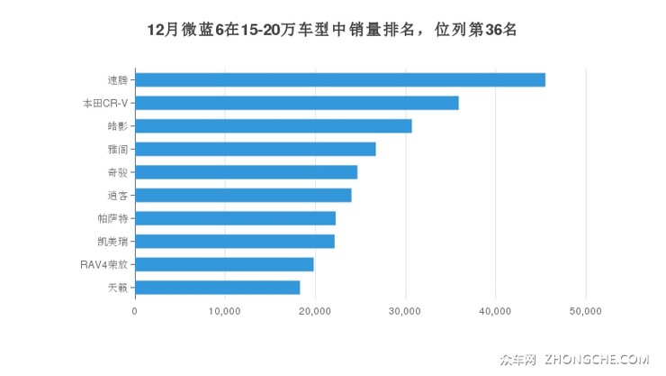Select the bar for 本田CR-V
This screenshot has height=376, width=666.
coord(296,103)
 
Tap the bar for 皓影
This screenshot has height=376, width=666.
coord(273,126)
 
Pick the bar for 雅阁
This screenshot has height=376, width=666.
coord(255,149)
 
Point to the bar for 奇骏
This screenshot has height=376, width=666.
coord(246,172)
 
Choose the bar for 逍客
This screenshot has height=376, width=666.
coord(243,195)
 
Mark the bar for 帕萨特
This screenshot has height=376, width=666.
coord(235,218)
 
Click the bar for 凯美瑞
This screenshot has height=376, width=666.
coord(234,241)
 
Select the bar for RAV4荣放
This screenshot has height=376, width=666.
coord(224,264)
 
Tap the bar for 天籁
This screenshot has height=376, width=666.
coord(217,288)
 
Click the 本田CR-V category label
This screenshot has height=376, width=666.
coord(104,103)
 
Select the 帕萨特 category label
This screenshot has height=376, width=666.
coord(112,218)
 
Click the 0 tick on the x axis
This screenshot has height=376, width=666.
coord(135,311)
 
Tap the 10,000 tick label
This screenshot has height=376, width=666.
coord(224,311)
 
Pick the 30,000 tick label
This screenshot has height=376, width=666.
coord(405,311)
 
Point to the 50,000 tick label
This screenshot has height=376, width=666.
coord(586,311)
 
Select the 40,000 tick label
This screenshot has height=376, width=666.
coord(495,311)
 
